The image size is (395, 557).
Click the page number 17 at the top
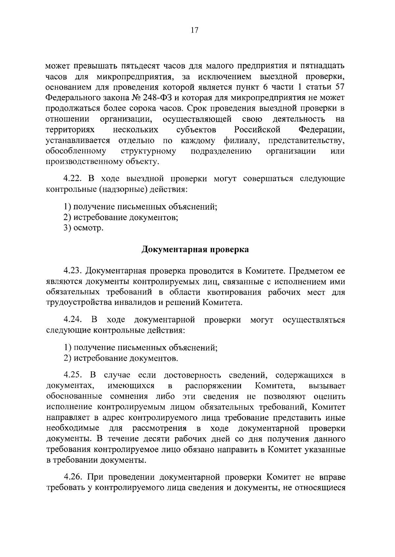pyautogui.click(x=194, y=30)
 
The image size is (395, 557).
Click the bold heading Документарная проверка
pyautogui.click(x=195, y=250)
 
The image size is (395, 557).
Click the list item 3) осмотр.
pyautogui.click(x=84, y=228)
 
